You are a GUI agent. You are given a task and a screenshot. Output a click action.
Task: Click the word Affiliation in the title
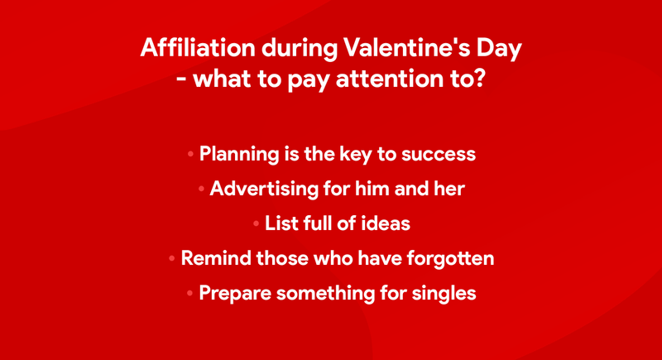[x=198, y=47]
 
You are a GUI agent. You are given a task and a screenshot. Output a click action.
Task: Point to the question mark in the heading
[x=477, y=79]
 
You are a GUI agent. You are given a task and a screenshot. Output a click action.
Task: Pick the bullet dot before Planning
[x=190, y=155]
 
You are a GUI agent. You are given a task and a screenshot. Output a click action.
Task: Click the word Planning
[x=239, y=154]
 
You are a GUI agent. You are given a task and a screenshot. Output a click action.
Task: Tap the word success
[x=439, y=155]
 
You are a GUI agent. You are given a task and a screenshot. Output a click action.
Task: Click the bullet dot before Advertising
[x=201, y=189]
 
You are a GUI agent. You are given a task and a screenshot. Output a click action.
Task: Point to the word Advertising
[x=264, y=189]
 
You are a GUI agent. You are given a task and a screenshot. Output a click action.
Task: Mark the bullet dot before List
[x=256, y=223]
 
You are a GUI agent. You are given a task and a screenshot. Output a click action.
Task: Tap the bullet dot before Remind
[x=172, y=258]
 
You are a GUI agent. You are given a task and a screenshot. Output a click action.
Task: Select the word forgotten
[x=450, y=259]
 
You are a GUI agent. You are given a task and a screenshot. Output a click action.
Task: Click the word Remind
[x=216, y=258]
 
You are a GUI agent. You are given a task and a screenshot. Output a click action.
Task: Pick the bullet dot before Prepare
[x=189, y=293]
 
